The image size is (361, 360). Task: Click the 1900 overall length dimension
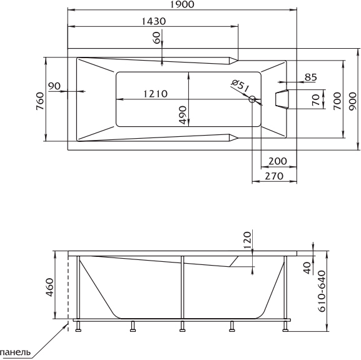point(182,4)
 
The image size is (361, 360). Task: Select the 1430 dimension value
point(153,21)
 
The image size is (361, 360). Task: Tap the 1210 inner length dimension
point(155,94)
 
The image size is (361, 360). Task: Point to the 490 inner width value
point(183,115)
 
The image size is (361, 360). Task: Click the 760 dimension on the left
point(40,101)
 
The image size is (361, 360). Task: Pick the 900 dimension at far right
point(352,101)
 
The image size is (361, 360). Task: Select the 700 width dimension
point(337,101)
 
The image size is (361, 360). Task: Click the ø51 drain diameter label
point(240,85)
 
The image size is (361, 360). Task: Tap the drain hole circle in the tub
point(252,99)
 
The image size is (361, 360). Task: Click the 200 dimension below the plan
point(278,161)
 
